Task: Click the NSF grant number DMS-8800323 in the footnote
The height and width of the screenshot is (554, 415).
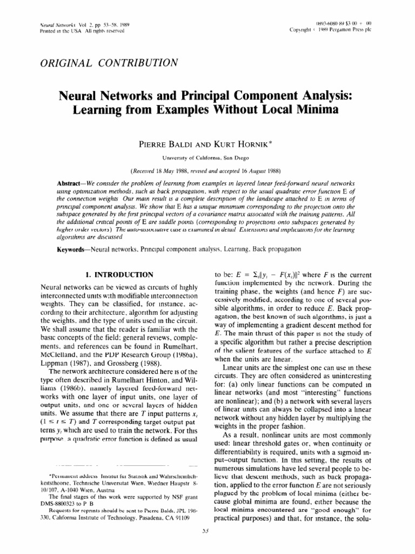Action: click(61, 516)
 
